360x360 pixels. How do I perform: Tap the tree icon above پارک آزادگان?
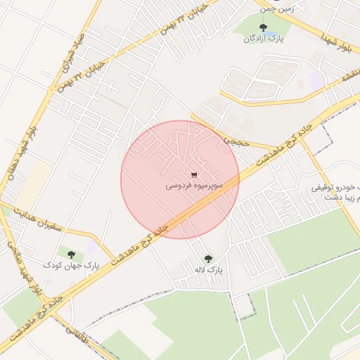point(264,27)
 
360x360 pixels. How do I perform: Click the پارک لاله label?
point(210,270)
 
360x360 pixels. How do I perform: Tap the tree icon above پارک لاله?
point(207,258)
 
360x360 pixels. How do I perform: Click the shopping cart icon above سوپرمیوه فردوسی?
point(194,174)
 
